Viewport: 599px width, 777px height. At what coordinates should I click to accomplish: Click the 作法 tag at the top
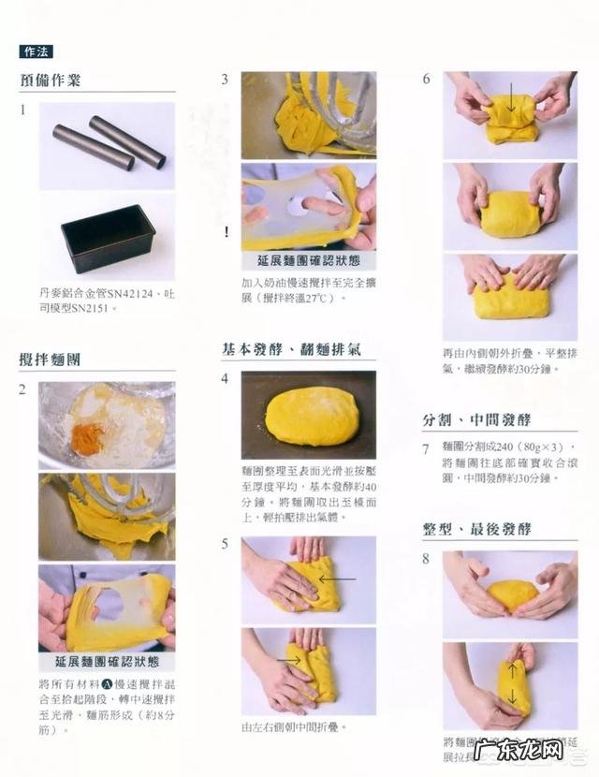pyautogui.click(x=37, y=52)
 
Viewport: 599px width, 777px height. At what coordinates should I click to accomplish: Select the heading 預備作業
pyautogui.click(x=51, y=80)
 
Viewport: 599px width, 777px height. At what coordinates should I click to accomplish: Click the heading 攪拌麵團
pyautogui.click(x=51, y=359)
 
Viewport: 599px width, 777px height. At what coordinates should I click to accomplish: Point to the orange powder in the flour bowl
pyautogui.click(x=88, y=438)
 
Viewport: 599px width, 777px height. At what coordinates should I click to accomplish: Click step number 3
pyautogui.click(x=225, y=80)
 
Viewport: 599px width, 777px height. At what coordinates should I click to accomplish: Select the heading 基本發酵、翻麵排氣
pyautogui.click(x=291, y=350)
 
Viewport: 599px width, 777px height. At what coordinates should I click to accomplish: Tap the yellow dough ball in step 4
pyautogui.click(x=310, y=415)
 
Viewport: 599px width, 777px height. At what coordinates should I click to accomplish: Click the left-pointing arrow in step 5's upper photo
pyautogui.click(x=336, y=579)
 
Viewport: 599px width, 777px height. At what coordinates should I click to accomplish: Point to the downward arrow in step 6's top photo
pyautogui.click(x=512, y=98)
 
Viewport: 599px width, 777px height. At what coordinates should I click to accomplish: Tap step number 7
pyautogui.click(x=426, y=449)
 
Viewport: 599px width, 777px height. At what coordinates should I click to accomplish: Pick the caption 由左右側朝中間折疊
pyautogui.click(x=293, y=726)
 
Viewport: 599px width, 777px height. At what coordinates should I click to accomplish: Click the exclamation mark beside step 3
pyautogui.click(x=225, y=232)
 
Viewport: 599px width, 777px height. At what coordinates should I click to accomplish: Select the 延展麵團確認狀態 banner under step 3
pyautogui.click(x=308, y=260)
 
